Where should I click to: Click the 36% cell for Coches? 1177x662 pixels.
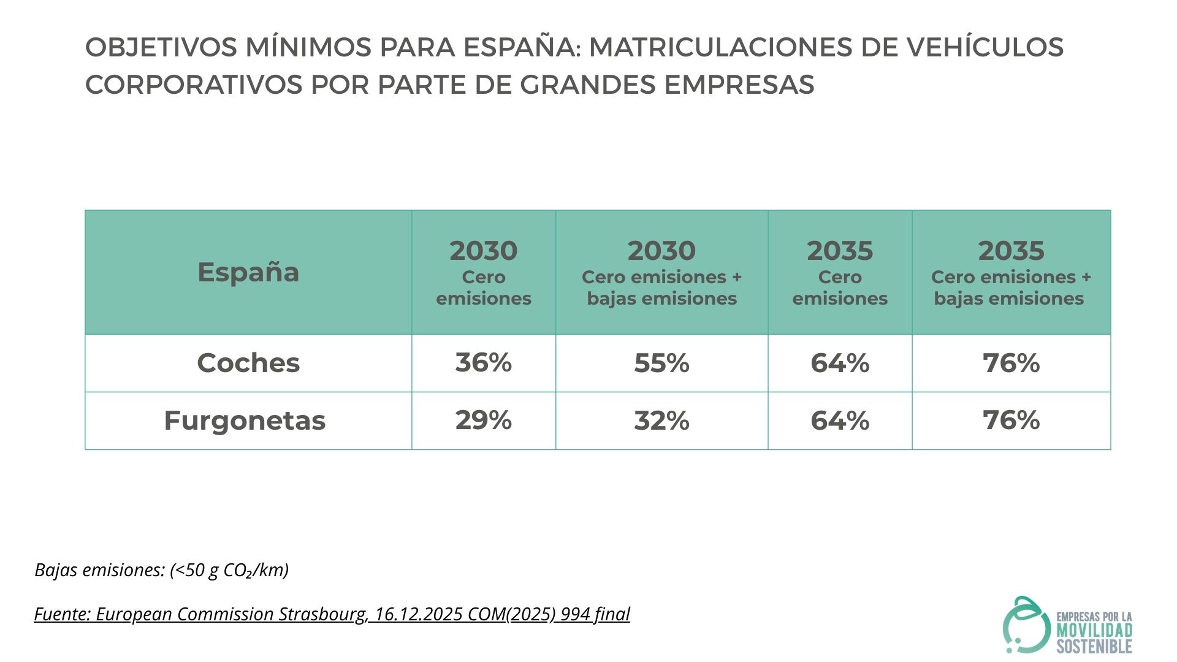pos(483,362)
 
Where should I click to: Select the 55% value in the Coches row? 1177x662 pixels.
pos(661,363)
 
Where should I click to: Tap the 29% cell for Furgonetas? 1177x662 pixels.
pos(483,420)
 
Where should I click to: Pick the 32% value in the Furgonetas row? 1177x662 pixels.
pos(661,420)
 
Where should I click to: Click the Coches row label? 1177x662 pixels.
pos(248,363)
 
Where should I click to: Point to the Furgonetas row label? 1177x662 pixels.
pos(245,420)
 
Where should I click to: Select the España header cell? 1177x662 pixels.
pos(248,272)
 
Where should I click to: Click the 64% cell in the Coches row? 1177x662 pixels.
pos(840,363)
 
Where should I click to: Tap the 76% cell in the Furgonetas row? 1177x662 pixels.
pos(1011,420)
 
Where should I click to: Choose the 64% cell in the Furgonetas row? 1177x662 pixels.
pos(840,420)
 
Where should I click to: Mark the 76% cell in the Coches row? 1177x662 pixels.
pos(1011,363)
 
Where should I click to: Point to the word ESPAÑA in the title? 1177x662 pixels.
pos(520,47)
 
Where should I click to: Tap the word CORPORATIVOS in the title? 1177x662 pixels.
pos(194,85)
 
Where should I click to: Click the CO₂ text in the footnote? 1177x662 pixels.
pos(238,570)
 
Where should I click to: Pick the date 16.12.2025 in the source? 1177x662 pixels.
pos(419,614)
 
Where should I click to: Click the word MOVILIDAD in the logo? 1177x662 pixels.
pos(1094,631)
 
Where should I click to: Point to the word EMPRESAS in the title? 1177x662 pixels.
pos(739,85)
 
